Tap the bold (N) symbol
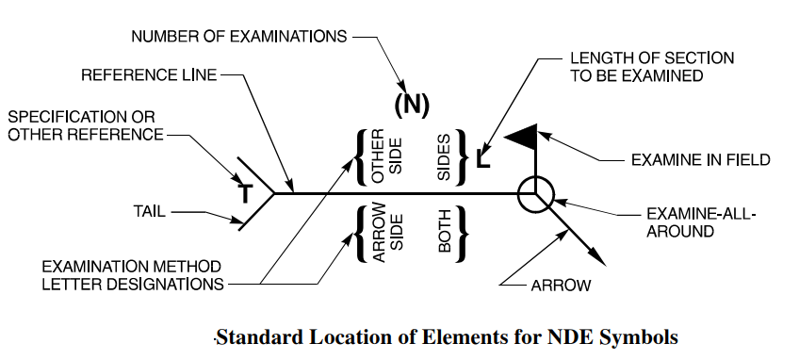pos(411,105)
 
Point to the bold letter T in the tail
pos(245,194)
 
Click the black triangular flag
pos(521,138)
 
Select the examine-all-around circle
pos(536,194)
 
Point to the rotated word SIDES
pos(445,156)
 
